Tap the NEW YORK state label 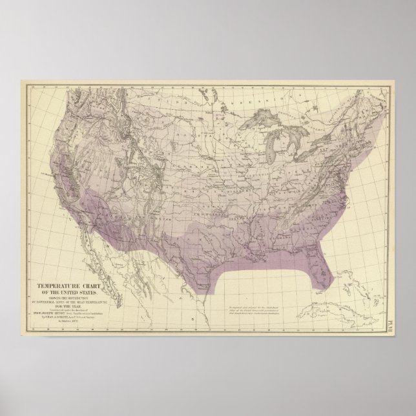342,146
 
